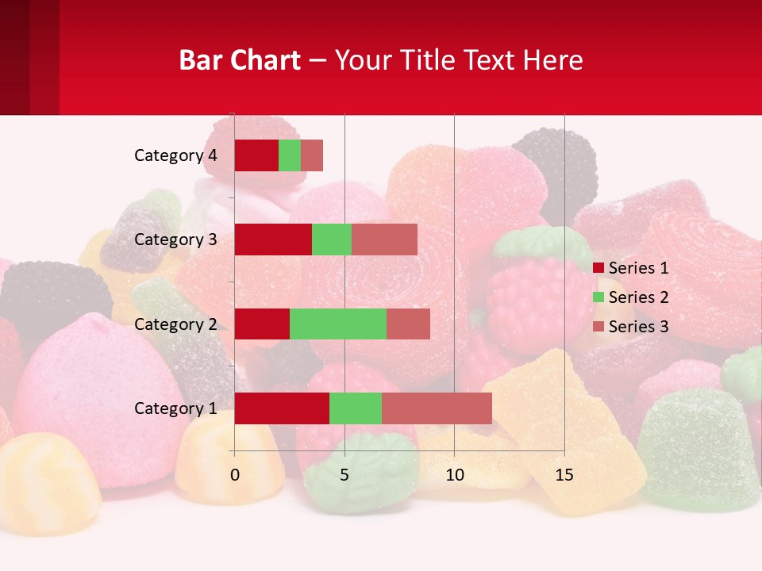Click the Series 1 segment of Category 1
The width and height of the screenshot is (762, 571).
click(282, 408)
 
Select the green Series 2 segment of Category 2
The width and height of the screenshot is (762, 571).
click(338, 324)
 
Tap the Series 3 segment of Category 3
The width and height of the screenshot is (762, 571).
click(384, 240)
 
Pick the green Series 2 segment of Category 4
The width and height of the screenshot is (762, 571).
click(290, 155)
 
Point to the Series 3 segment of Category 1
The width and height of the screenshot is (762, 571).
click(437, 408)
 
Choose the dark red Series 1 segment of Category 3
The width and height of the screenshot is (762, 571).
click(273, 240)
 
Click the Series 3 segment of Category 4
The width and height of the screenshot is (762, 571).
click(312, 155)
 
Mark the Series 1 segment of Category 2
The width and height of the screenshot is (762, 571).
click(262, 324)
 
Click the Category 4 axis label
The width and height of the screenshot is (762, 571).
click(175, 155)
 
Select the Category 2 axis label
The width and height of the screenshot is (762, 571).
click(175, 324)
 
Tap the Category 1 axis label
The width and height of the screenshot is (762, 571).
click(175, 408)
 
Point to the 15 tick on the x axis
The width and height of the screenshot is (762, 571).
click(564, 475)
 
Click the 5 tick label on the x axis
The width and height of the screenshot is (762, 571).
click(344, 475)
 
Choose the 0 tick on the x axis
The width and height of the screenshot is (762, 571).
click(234, 475)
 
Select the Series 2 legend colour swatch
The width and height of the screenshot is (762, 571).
click(598, 297)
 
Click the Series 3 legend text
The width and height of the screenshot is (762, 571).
click(638, 327)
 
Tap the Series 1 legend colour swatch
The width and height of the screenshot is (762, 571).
click(598, 268)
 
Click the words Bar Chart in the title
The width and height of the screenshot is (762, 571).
click(240, 60)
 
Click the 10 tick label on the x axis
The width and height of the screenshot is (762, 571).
click(454, 475)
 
